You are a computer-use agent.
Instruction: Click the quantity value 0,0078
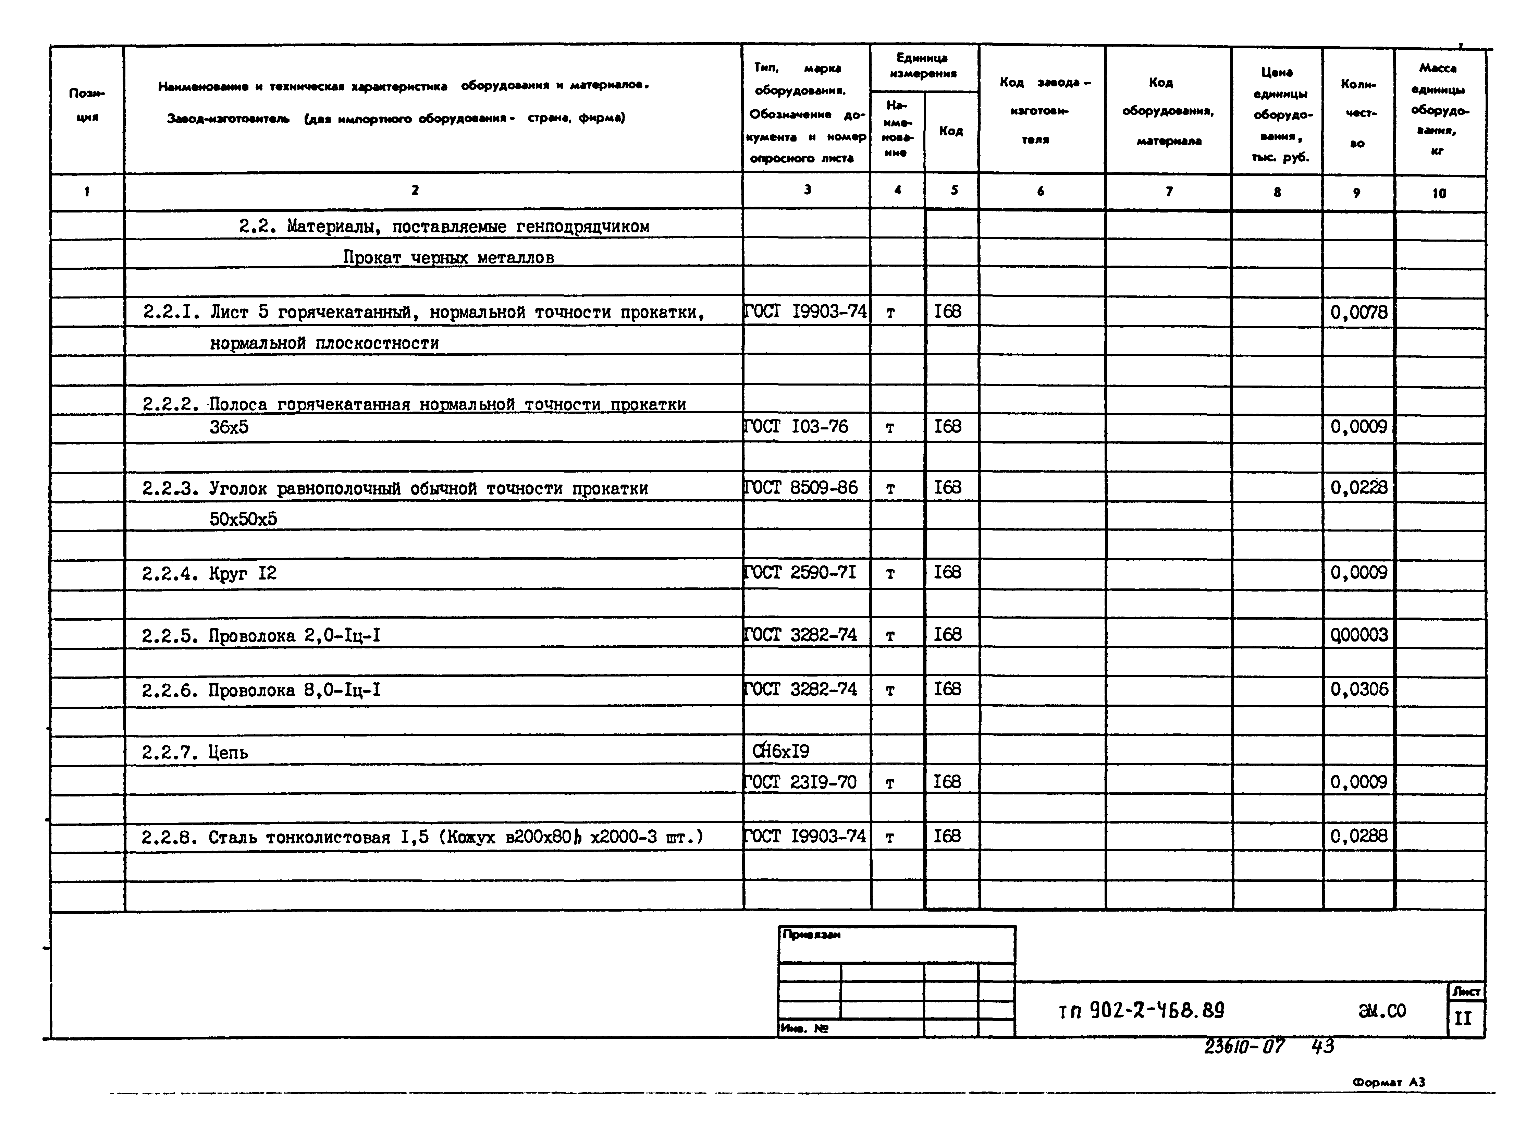(x=1358, y=313)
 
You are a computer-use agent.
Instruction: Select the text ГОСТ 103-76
(x=796, y=427)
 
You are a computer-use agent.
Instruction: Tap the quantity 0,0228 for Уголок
(x=1358, y=488)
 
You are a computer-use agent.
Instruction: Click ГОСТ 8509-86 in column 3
(x=800, y=488)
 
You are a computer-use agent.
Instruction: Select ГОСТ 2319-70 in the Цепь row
(x=800, y=782)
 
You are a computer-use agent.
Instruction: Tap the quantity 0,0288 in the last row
(x=1358, y=836)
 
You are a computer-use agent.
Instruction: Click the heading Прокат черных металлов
(x=448, y=258)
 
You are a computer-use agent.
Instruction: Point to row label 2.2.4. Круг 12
(x=209, y=573)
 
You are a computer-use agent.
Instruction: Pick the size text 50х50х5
(x=243, y=519)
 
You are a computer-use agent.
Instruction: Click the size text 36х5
(x=229, y=427)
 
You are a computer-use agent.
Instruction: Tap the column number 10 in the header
(x=1439, y=193)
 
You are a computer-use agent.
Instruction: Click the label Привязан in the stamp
(x=811, y=935)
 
